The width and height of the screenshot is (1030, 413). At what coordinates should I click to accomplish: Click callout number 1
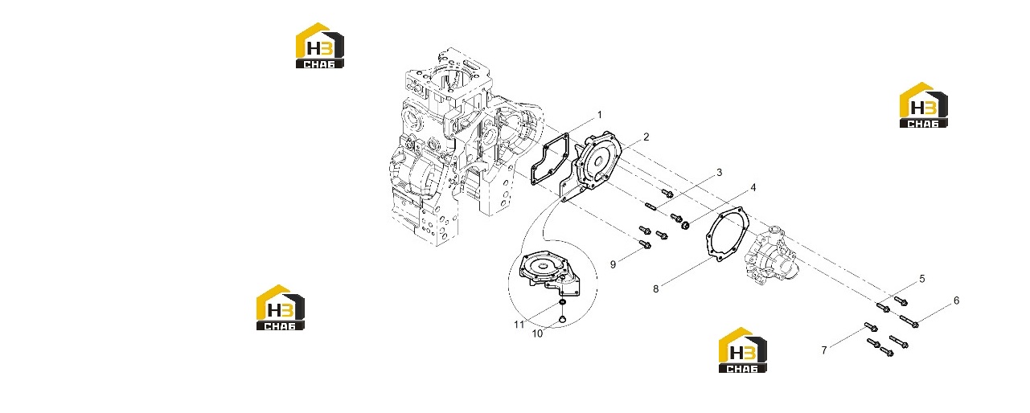coord(599,115)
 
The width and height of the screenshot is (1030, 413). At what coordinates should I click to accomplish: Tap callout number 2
coord(646,137)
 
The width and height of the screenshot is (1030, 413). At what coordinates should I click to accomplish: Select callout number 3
coord(719,172)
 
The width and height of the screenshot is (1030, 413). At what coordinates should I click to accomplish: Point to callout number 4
coord(753,187)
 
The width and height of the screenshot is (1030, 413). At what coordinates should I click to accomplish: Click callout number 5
coord(922,279)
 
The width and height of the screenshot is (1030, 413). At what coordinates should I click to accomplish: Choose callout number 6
coord(957,301)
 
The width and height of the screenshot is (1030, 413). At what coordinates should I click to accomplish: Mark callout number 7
coord(824,350)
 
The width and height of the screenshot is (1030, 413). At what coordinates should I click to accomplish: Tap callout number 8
coord(655,289)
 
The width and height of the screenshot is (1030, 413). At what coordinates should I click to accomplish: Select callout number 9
coord(613,264)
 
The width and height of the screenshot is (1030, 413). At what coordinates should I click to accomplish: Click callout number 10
coord(538,334)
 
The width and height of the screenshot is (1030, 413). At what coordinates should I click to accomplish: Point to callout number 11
coord(519,325)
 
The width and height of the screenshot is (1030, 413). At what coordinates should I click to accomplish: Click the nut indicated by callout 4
coord(685,226)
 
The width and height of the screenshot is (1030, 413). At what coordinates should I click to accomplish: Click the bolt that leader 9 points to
coord(645,244)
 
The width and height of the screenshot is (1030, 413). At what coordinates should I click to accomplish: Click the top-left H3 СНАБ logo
coord(319,46)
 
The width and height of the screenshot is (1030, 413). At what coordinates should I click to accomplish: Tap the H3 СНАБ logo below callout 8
coord(743,350)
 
